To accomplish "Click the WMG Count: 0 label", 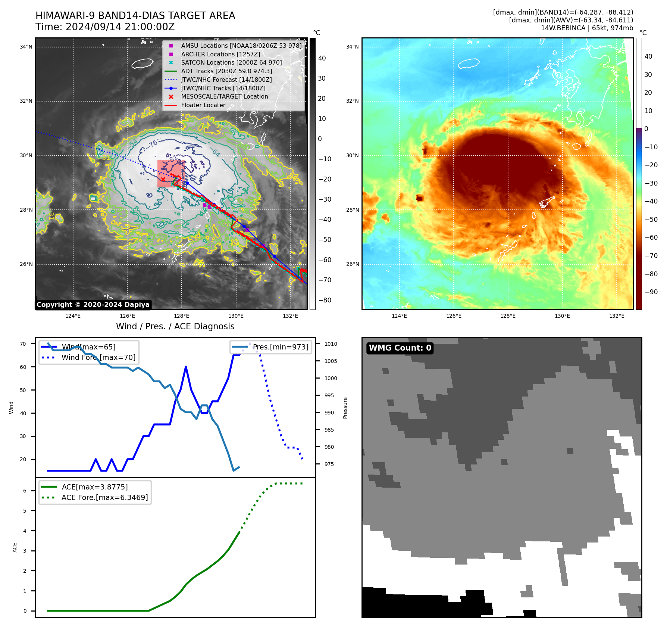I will tap(400, 348).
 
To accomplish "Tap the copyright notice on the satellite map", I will tap(93, 305).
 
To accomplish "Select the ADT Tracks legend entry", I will tap(226, 71).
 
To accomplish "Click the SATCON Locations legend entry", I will tap(231, 62).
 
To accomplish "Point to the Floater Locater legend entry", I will tap(203, 105).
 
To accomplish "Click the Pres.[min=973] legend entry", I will tap(281, 347).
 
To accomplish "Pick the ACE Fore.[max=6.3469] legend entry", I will tap(104, 497).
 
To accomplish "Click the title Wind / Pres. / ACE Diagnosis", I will tap(175, 326).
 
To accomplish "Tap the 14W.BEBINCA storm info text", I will tap(587, 28).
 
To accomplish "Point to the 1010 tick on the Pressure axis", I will tap(331, 344).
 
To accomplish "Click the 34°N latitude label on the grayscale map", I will tap(26, 47).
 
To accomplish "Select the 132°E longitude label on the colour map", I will tap(617, 316).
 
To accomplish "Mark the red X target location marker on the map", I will tap(163, 180).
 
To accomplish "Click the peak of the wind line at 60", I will tap(186, 367).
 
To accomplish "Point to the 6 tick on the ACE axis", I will tap(25, 491).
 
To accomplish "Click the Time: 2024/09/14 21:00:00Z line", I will tap(105, 27).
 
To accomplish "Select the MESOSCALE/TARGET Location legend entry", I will tap(224, 96).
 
